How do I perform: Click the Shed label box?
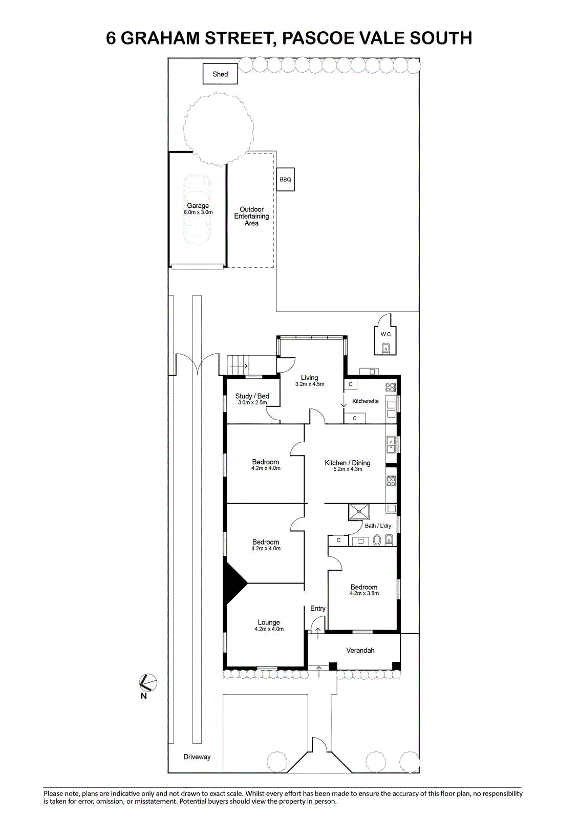click(220, 74)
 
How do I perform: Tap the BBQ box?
click(285, 180)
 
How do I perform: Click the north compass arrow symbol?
click(148, 682)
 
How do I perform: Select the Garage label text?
click(198, 206)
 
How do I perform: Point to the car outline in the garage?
click(198, 210)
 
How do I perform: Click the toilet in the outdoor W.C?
click(385, 348)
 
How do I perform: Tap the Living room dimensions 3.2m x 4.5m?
click(310, 384)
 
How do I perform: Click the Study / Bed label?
click(252, 396)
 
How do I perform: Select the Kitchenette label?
click(366, 401)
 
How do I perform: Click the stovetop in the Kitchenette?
click(391, 387)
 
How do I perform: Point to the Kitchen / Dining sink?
click(391, 445)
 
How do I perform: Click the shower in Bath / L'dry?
click(359, 511)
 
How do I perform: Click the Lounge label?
click(269, 622)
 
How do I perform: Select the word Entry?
click(318, 609)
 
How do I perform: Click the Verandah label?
click(360, 651)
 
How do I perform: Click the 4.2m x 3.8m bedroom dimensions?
click(364, 593)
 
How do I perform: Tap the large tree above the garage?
click(219, 130)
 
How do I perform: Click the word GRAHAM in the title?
click(160, 38)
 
